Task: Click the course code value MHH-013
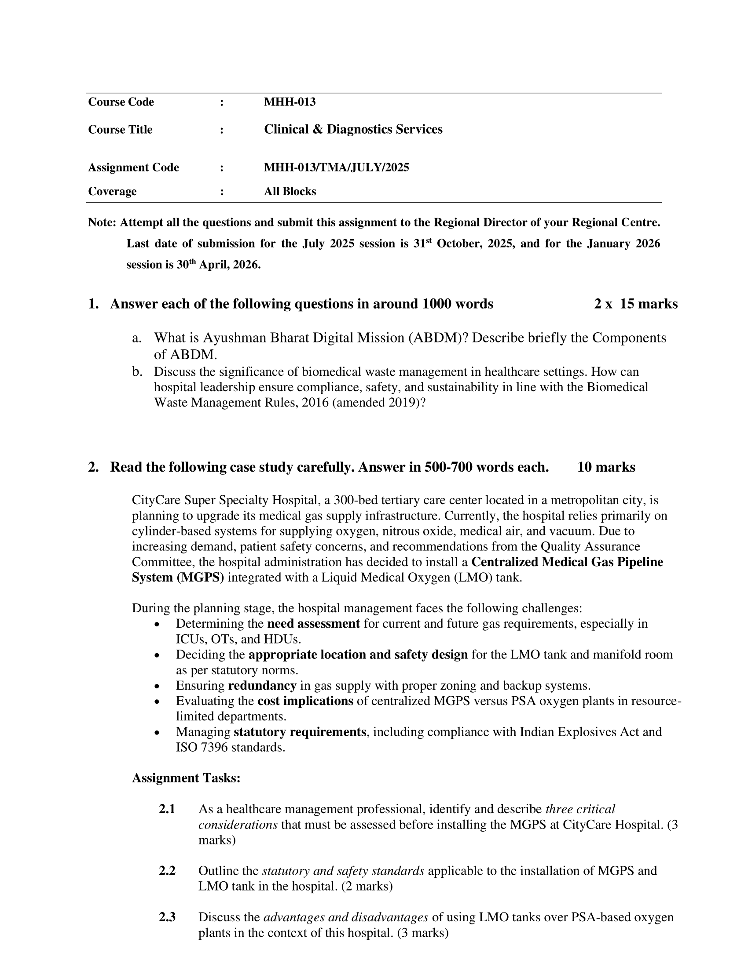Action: point(290,102)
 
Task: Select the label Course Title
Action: point(120,130)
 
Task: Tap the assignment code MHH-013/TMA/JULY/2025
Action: point(336,168)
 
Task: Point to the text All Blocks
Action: point(290,192)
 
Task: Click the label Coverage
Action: point(112,192)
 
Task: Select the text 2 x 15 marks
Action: point(635,304)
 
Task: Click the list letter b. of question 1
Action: point(137,372)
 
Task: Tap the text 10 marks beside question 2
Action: point(606,468)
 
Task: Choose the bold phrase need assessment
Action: point(313,624)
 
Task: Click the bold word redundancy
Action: point(262,686)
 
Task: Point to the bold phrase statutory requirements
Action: point(300,732)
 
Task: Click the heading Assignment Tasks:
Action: point(186,778)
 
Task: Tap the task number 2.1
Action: point(167,809)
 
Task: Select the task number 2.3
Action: point(167,917)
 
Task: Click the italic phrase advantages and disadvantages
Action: point(346,917)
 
